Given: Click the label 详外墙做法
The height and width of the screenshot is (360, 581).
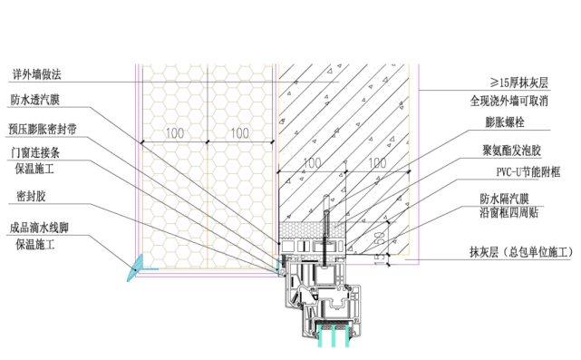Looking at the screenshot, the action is [x=36, y=74].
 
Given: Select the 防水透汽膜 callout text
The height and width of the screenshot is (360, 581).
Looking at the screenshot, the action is [x=34, y=100].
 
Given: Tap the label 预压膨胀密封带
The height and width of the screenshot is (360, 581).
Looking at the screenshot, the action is [x=43, y=129].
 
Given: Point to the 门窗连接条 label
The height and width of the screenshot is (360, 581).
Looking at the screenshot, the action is [x=35, y=152].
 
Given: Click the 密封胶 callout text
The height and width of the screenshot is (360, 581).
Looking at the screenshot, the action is [x=31, y=196].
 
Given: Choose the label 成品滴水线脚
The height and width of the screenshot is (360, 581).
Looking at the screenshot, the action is [x=39, y=228].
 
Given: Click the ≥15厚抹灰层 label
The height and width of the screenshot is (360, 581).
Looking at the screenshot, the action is [x=518, y=83].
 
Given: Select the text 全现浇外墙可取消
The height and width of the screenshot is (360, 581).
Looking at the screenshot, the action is [x=508, y=101].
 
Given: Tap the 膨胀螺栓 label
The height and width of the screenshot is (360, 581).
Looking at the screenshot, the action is [x=505, y=122].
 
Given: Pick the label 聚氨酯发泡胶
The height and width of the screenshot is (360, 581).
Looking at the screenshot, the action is [x=511, y=151].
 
